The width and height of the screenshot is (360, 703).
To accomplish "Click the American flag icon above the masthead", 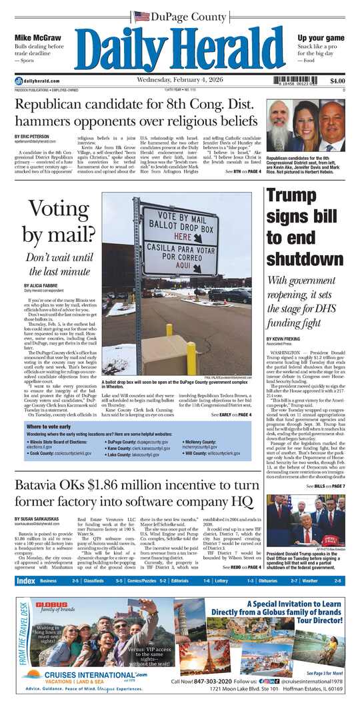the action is [141, 16].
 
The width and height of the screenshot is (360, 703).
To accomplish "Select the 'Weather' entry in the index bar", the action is [310, 580].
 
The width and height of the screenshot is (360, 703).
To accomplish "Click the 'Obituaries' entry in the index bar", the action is [270, 580].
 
